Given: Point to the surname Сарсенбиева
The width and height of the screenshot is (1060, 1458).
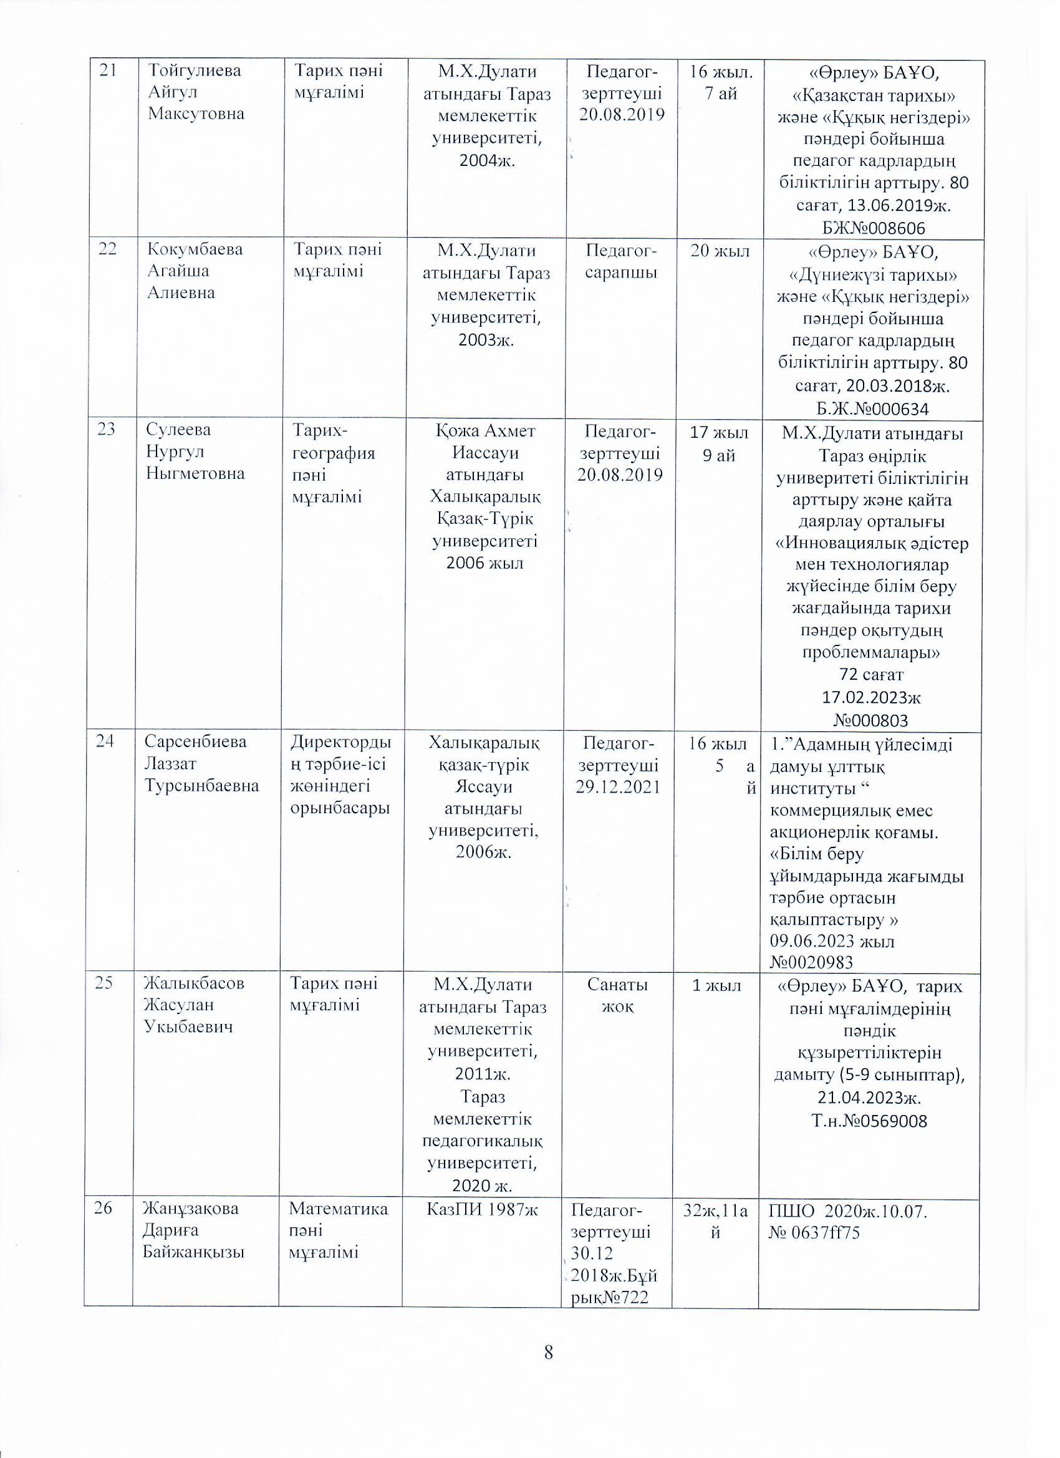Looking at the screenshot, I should pos(195,742).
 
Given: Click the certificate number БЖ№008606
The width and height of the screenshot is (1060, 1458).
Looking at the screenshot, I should pos(873,228).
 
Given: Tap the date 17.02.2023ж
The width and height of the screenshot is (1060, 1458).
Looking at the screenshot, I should pos(872,697).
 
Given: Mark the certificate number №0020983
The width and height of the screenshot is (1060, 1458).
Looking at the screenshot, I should pos(811,962).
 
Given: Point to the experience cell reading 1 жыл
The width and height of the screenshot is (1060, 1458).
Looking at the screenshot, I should pos(715,985).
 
